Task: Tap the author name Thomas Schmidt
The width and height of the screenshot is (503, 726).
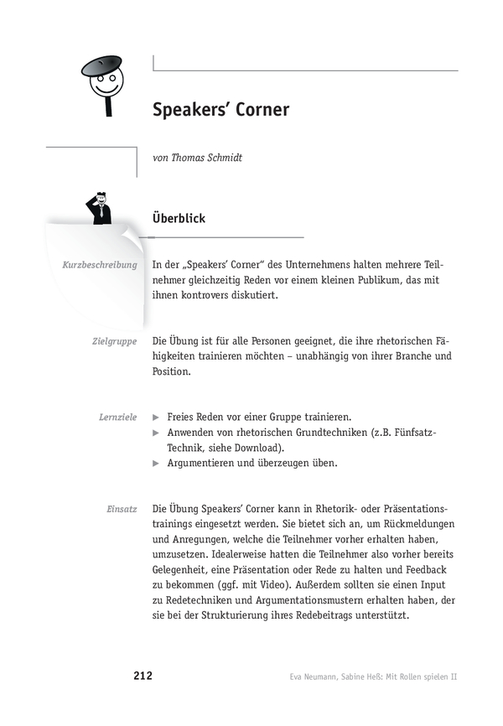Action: click(x=205, y=158)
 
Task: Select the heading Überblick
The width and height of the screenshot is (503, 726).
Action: click(x=179, y=218)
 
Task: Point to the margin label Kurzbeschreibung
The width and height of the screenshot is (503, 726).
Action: click(x=99, y=265)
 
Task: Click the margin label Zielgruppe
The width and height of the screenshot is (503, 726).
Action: click(x=116, y=342)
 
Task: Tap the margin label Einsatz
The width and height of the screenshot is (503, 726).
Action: click(x=122, y=510)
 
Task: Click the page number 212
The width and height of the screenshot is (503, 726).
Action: click(x=142, y=676)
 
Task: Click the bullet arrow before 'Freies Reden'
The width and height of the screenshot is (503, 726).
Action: click(x=156, y=417)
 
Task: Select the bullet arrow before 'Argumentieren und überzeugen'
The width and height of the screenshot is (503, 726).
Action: click(x=156, y=463)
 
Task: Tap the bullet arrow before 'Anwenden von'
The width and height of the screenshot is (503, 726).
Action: click(x=156, y=432)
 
